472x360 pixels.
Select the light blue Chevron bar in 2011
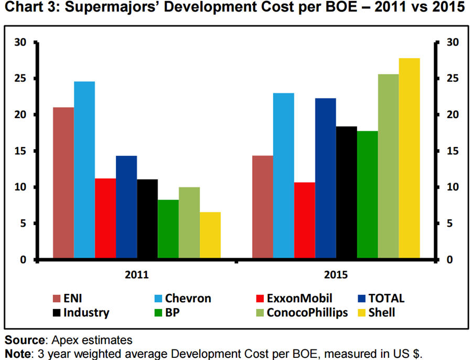(84, 170)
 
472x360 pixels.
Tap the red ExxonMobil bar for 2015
(304, 220)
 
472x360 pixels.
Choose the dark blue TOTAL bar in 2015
(325, 178)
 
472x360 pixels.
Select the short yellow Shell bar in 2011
(210, 236)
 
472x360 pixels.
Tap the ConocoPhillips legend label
(307, 313)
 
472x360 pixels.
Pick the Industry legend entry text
(87, 313)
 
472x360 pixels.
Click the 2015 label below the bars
(336, 274)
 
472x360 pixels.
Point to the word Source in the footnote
(24, 340)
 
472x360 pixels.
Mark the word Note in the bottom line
(18, 353)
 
